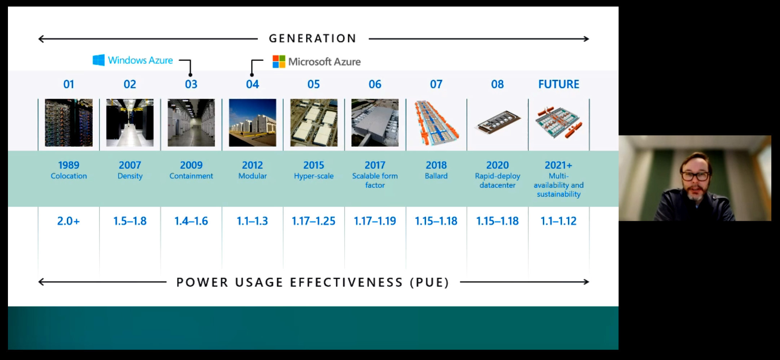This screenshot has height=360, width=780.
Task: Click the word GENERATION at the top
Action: click(312, 38)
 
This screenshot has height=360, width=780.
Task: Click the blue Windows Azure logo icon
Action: click(98, 60)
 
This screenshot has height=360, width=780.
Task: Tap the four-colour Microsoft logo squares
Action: click(279, 62)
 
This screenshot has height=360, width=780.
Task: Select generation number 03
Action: click(191, 84)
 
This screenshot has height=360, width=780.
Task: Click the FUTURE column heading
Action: click(558, 84)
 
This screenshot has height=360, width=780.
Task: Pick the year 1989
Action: click(69, 165)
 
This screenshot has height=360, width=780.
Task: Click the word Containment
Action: click(191, 176)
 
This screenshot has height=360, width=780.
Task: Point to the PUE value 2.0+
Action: click(68, 221)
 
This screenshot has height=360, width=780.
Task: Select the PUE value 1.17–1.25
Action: click(313, 221)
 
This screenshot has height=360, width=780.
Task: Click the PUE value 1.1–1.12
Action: click(558, 221)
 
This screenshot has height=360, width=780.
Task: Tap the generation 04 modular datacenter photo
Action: click(252, 123)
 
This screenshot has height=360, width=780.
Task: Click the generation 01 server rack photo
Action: click(69, 123)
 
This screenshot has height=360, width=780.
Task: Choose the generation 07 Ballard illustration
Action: click(436, 123)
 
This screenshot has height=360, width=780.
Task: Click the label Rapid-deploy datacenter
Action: click(497, 180)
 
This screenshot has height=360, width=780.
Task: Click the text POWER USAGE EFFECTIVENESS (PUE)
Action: click(312, 282)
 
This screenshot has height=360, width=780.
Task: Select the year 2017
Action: click(375, 165)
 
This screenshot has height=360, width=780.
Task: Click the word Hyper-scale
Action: click(314, 176)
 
